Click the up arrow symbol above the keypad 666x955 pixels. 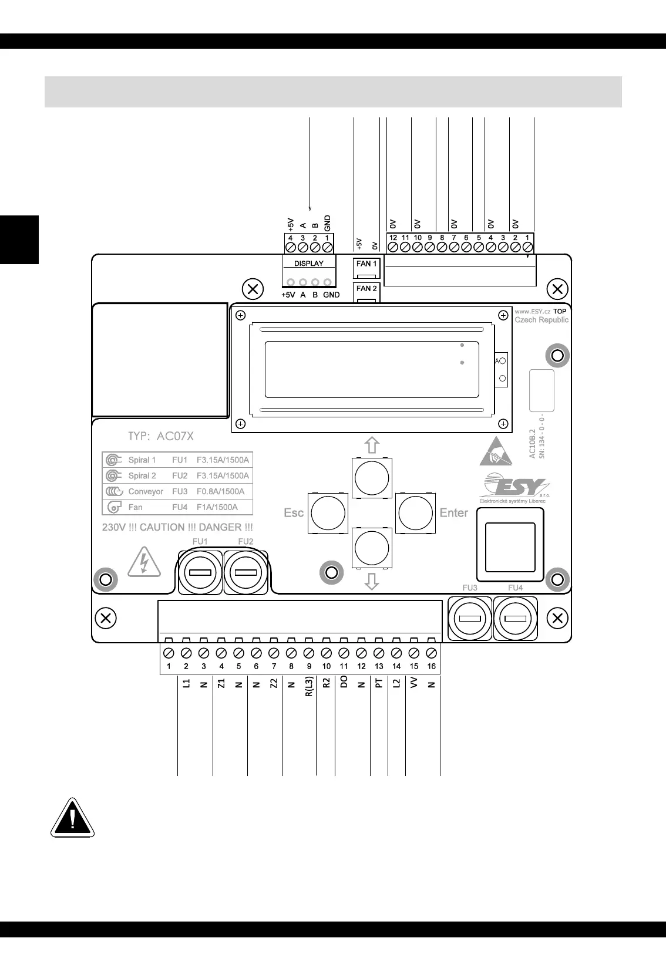372,446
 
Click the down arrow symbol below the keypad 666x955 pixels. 372,581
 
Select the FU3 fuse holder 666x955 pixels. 470,618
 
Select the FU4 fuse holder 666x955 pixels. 515,618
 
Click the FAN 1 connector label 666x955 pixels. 366,264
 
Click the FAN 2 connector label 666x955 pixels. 366,289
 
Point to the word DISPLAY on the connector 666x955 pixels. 309,264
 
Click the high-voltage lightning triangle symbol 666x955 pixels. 144,563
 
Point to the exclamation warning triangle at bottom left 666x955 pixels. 72,818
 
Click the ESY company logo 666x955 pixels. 514,488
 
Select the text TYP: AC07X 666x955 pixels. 161,437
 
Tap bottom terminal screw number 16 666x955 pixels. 432,653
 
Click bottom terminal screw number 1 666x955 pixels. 169,653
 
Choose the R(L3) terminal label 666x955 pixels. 309,685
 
